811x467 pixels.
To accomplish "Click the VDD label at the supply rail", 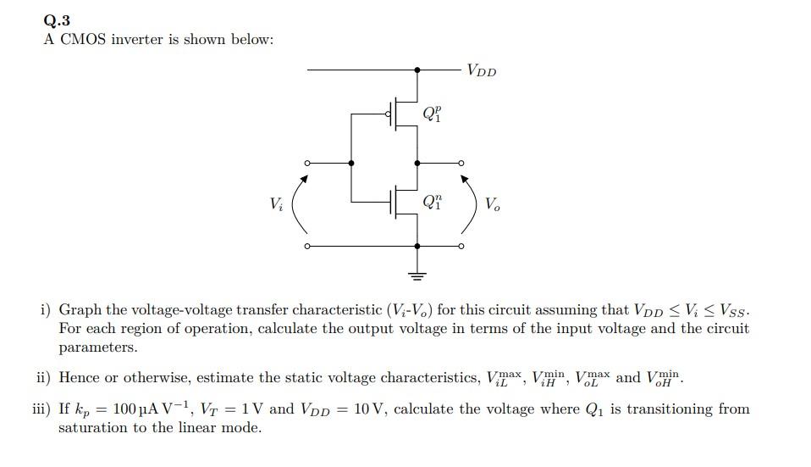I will [482, 70].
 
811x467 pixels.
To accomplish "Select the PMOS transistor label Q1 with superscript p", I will [432, 113].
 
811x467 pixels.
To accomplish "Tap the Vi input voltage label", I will [276, 203].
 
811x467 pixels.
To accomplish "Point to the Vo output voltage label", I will [493, 203].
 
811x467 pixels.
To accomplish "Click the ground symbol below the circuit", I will [417, 273].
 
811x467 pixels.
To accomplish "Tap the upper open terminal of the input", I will [307, 162].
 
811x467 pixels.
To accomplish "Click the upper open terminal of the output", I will [461, 162].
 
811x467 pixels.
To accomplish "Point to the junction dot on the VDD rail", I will [417, 69].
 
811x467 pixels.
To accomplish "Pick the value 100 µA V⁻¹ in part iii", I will [141, 409].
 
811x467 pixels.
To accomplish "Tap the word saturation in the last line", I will [93, 428].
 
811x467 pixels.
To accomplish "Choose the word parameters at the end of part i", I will [97, 347].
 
